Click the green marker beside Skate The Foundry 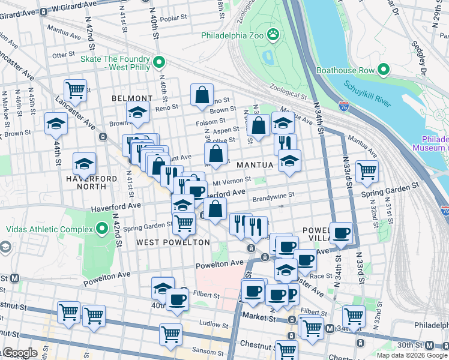159,62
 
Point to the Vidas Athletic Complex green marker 101,229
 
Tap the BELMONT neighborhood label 132,98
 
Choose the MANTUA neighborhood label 255,164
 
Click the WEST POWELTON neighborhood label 173,242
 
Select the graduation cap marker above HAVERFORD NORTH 84,163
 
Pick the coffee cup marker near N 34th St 342,233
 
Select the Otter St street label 63,55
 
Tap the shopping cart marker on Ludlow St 171,333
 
